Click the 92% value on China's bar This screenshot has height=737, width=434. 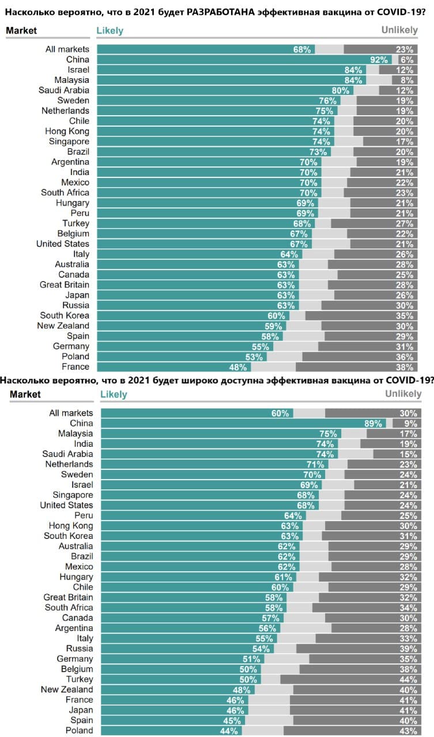tap(379, 59)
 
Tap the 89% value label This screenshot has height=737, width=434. tap(373, 424)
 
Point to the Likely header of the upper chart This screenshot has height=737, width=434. tap(110, 31)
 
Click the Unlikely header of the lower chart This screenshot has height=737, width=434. tap(403, 394)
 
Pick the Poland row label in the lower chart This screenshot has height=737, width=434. tap(79, 731)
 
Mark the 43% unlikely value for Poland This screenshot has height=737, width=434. tap(407, 731)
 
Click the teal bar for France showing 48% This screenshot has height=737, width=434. tap(173, 367)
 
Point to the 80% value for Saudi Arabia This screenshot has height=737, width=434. tap(341, 90)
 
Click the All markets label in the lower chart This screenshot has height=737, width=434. tap(71, 413)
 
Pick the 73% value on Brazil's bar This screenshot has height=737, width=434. tap(318, 152)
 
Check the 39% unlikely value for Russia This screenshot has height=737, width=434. tap(407, 649)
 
